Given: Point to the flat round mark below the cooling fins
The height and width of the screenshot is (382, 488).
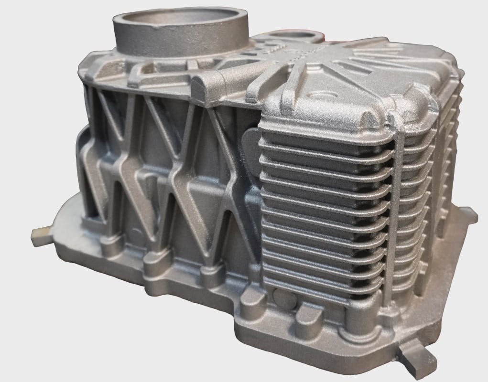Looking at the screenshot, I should (x=286, y=300).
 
